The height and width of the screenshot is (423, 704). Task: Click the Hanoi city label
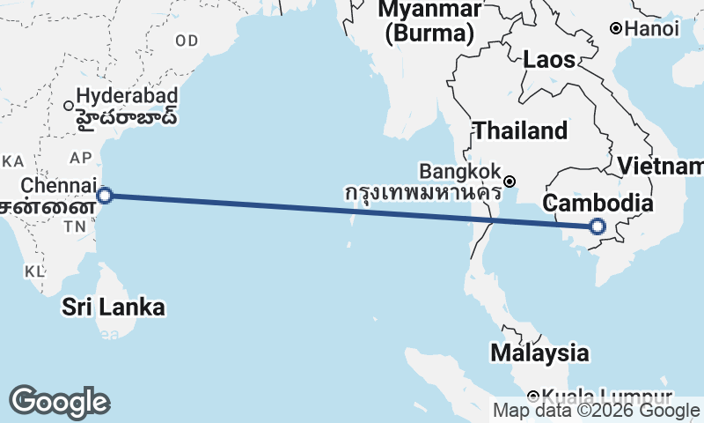(x=652, y=29)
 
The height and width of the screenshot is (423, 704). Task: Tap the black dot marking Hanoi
(x=617, y=29)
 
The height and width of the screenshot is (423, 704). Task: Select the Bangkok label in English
(x=460, y=170)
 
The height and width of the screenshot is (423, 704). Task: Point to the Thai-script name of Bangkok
(x=422, y=191)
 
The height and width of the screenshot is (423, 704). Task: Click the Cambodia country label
(x=598, y=204)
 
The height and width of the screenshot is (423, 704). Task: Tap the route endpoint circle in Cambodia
(x=598, y=226)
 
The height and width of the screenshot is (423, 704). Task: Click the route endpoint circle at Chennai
(x=105, y=196)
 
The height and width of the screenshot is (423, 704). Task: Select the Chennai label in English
(x=57, y=186)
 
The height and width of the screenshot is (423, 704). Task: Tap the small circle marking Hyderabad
(x=69, y=106)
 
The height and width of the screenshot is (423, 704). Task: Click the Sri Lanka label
(x=114, y=307)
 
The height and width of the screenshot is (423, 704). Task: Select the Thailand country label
(x=520, y=131)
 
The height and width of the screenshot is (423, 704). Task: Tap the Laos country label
(x=549, y=60)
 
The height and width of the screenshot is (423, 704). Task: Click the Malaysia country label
(x=539, y=352)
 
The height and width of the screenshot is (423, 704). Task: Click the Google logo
(x=59, y=402)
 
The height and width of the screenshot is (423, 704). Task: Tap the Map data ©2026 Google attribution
(x=596, y=411)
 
